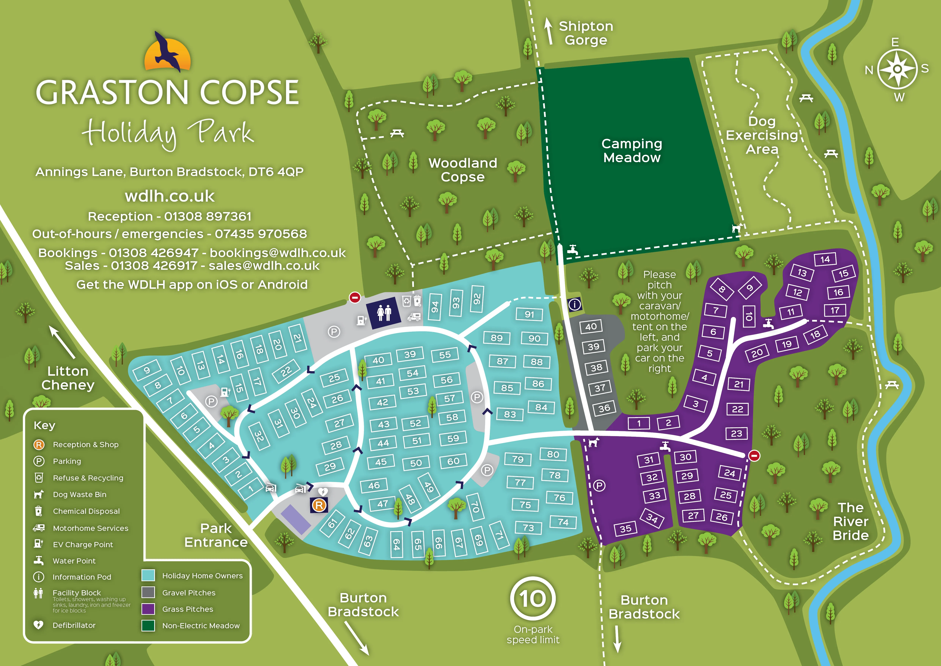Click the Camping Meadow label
pyautogui.click(x=632, y=151)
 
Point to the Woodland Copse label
pyautogui.click(x=463, y=170)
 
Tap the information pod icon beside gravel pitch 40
pyautogui.click(x=575, y=304)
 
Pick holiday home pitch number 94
pyautogui.click(x=435, y=306)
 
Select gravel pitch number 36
pyautogui.click(x=604, y=408)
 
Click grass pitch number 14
pyautogui.click(x=825, y=259)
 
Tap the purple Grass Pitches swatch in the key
pyautogui.click(x=148, y=609)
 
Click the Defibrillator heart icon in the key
pyautogui.click(x=38, y=625)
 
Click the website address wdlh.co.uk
pyautogui.click(x=170, y=196)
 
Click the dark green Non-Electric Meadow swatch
pyautogui.click(x=148, y=625)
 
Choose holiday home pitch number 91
pyautogui.click(x=529, y=315)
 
